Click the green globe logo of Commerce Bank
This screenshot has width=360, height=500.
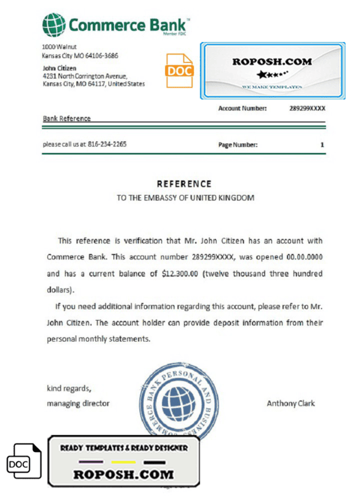point(54,25)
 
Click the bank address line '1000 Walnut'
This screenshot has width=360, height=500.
point(59,47)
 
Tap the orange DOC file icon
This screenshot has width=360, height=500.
point(179,71)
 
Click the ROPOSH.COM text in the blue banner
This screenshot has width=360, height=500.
point(272,61)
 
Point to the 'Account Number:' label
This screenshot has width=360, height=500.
point(242,109)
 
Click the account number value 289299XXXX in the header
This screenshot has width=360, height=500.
point(307,109)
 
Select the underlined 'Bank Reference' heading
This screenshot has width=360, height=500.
point(67,119)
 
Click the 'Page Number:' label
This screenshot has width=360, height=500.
point(238,145)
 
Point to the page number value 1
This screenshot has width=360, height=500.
point(322,145)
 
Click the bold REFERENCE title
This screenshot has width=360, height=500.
point(184,184)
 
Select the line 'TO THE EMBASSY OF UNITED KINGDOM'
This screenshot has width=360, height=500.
point(185,197)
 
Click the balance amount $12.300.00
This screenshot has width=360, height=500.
point(181,274)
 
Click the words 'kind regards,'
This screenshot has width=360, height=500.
point(69,388)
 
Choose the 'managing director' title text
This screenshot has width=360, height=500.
point(78,403)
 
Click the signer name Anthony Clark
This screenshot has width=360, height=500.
point(290,403)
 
